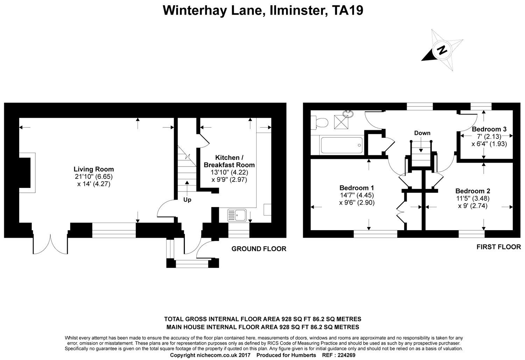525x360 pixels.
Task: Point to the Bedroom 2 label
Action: click(x=472, y=191)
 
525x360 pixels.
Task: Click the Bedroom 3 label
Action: click(x=489, y=129)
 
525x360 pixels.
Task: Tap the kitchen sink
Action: click(x=237, y=215)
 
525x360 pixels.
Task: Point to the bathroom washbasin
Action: click(x=349, y=113)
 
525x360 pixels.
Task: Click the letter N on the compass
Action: click(x=442, y=50)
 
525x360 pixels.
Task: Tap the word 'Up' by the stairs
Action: click(x=187, y=200)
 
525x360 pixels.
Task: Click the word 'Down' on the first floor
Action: click(x=422, y=133)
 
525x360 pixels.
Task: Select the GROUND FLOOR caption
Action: click(x=259, y=249)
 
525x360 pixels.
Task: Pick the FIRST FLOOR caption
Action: click(x=498, y=247)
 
